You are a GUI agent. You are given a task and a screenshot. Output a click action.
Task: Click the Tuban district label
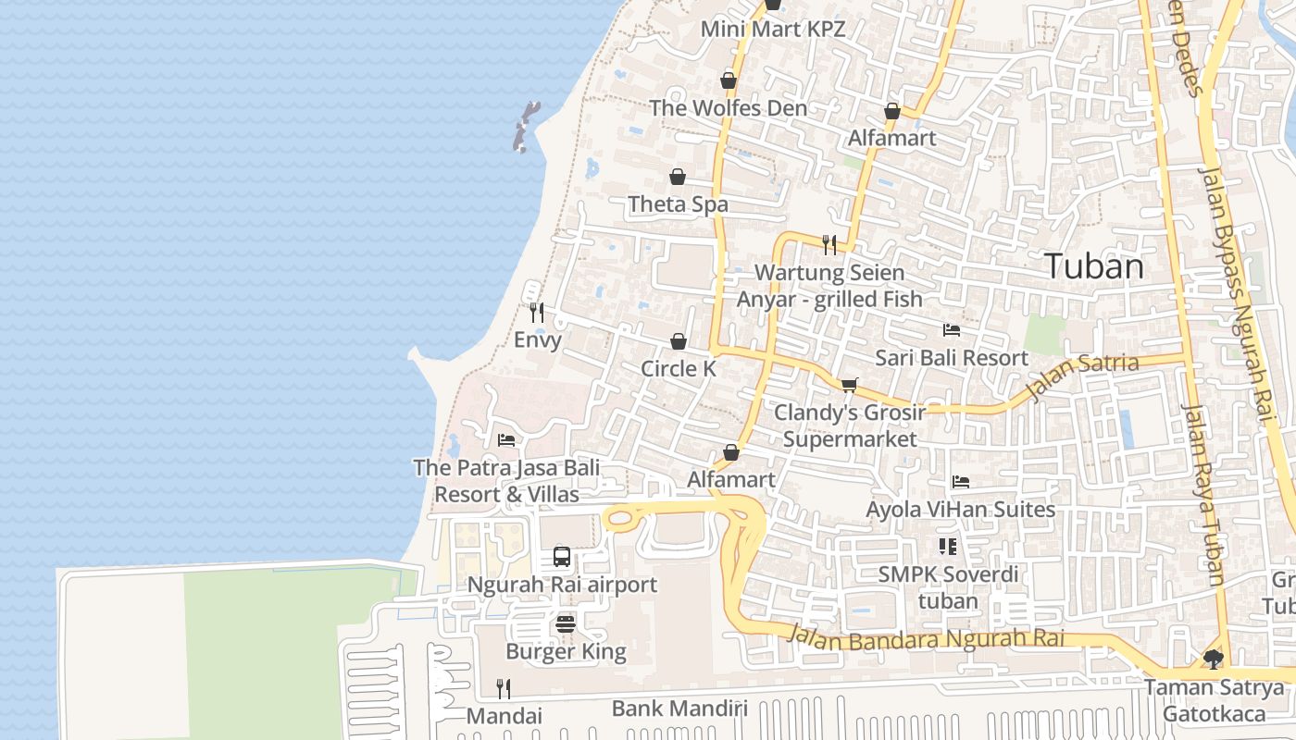(x=1094, y=266)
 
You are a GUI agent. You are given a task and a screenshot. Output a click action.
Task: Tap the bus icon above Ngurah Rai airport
(x=562, y=557)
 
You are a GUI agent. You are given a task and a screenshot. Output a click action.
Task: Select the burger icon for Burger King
(x=567, y=624)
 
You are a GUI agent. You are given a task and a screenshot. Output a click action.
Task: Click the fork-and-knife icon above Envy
(x=537, y=313)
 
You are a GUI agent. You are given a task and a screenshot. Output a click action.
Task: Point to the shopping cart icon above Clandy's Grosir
(x=849, y=385)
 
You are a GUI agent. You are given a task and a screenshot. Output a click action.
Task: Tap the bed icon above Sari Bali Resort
(x=951, y=330)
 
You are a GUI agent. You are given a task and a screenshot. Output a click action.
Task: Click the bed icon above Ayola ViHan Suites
(x=960, y=482)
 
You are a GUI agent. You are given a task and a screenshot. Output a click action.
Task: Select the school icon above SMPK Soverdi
(x=947, y=547)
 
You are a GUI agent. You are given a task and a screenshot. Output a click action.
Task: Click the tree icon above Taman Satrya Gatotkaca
(x=1213, y=660)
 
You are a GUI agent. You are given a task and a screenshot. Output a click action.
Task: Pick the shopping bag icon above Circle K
(x=678, y=341)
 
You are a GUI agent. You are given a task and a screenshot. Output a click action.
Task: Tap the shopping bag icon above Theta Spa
(x=678, y=177)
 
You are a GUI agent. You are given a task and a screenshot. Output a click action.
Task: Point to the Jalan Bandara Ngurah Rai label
(x=926, y=638)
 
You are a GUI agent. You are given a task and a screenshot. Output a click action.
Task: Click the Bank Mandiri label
(x=679, y=709)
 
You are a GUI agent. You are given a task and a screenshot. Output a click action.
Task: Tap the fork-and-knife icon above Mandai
(x=503, y=688)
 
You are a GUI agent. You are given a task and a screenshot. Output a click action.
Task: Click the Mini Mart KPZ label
(x=772, y=29)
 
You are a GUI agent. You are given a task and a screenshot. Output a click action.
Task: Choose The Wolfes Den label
(x=728, y=108)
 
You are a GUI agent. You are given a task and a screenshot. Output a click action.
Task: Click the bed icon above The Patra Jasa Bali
(x=505, y=440)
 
